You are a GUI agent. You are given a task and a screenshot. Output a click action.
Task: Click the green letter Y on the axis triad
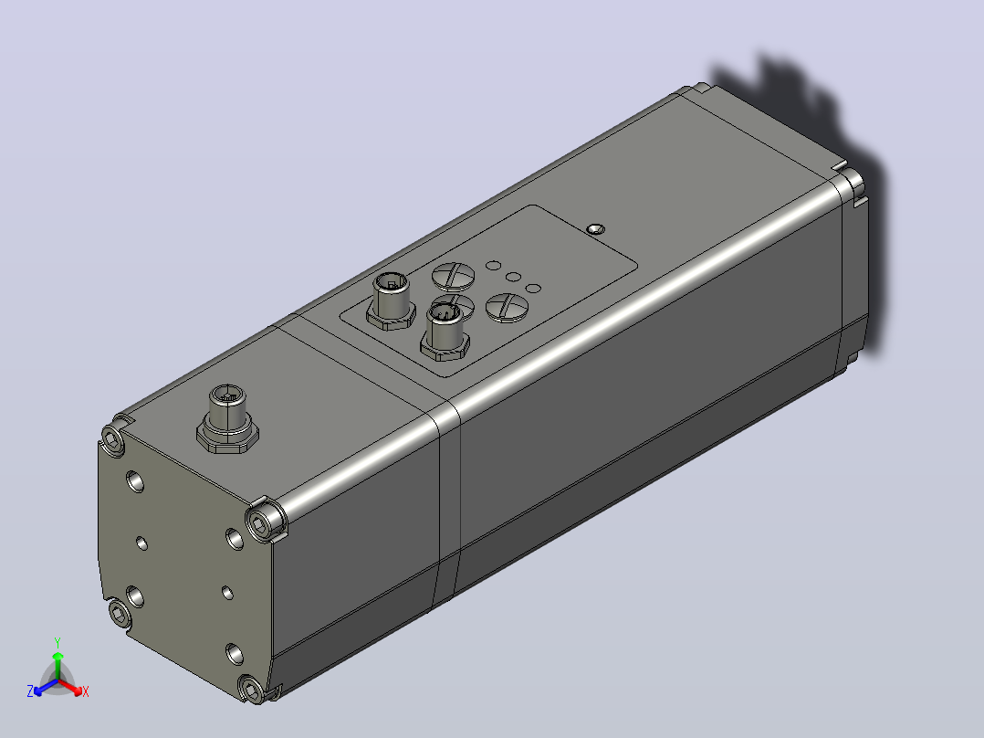click(x=58, y=642)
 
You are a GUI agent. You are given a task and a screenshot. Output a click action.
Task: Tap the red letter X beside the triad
click(x=86, y=691)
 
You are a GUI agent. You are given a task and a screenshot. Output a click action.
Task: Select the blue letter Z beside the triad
click(x=29, y=691)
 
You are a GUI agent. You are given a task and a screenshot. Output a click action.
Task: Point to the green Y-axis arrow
click(x=58, y=665)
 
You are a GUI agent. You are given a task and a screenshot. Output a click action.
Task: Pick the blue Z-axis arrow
click(x=46, y=687)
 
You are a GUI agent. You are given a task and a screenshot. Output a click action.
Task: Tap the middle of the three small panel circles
click(x=513, y=277)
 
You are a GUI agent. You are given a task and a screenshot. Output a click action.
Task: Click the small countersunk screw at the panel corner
click(x=595, y=228)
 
